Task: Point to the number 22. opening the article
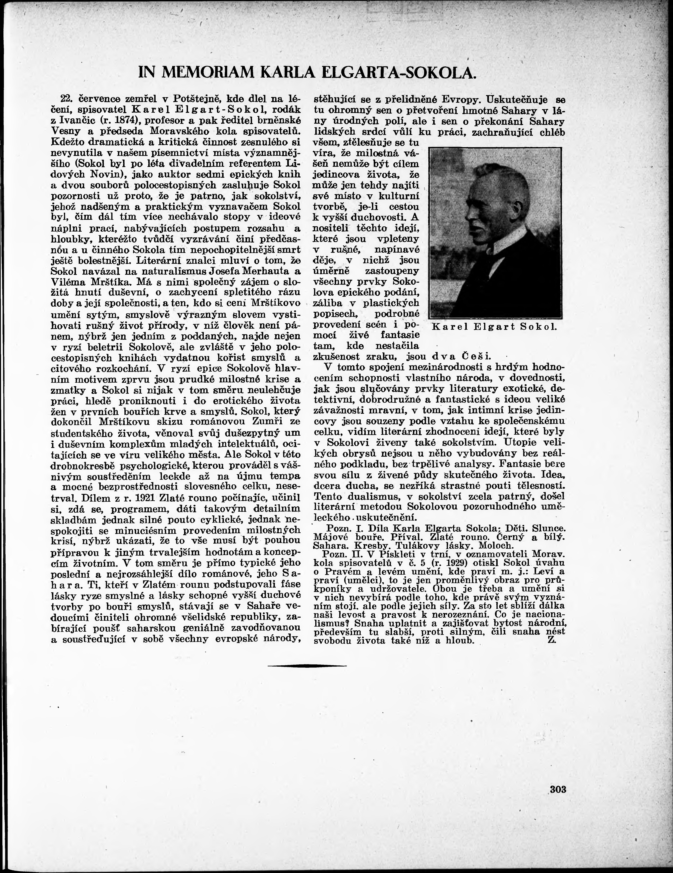coord(65,99)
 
